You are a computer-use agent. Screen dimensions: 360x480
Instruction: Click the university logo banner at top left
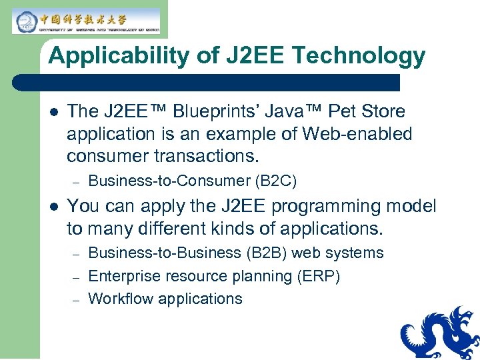pos(86,21)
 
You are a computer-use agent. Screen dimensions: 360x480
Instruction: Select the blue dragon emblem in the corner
pos(441,334)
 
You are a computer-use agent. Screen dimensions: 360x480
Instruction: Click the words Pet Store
pos(374,111)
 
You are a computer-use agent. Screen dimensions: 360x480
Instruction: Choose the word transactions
pos(206,157)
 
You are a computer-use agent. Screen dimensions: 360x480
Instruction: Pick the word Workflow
pos(120,299)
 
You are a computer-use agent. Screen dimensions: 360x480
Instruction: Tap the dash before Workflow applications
pos(76,300)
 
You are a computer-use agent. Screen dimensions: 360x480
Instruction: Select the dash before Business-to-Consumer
pos(76,182)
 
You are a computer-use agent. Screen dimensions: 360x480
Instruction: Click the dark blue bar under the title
pos(207,83)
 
